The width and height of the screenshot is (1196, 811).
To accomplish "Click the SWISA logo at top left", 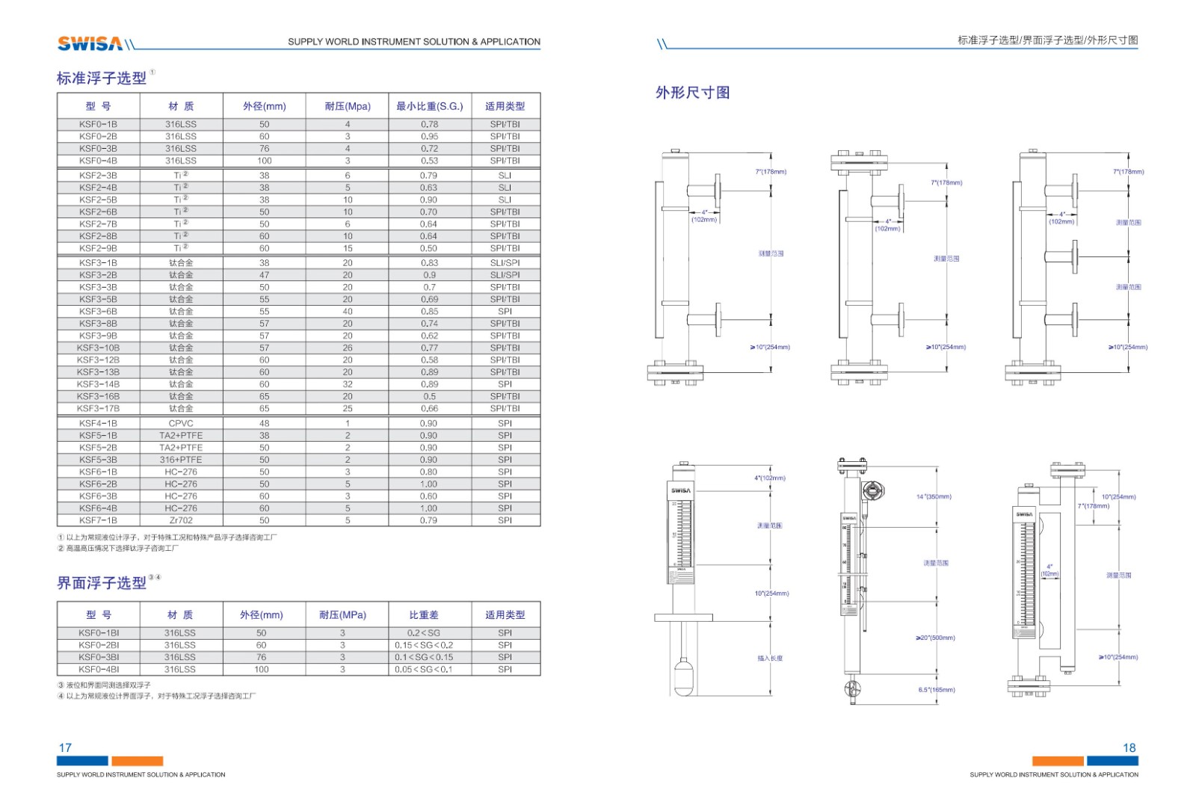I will coord(90,43).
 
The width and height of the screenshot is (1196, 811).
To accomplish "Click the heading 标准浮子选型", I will coord(102,78).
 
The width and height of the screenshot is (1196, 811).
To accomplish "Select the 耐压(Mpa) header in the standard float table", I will coord(348,106).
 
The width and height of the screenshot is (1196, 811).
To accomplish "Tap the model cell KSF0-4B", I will coord(98,161).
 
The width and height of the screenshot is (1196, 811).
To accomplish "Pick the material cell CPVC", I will coord(181,423).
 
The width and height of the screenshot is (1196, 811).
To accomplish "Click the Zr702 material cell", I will coord(181,520).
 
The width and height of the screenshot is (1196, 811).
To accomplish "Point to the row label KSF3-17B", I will coord(98,409).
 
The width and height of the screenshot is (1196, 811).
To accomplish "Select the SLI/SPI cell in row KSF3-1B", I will coord(505,263).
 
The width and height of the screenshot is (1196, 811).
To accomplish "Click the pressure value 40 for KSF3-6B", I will coord(348,312).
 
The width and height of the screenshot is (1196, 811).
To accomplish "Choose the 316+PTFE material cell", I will coord(181,460).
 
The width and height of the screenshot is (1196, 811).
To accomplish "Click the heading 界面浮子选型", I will coord(102,583).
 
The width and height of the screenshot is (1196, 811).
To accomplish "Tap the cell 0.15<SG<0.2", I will coord(424,645).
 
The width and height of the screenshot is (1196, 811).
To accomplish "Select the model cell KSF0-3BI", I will coord(99,657).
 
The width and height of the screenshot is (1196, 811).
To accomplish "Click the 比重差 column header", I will coord(424,615).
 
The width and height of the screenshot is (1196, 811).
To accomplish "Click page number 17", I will coord(65,747).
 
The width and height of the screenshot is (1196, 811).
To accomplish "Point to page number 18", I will coord(1129,747).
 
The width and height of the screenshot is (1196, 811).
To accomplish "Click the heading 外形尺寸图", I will coord(692,93).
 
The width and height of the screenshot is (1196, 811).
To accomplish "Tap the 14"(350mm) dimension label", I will coord(934,497).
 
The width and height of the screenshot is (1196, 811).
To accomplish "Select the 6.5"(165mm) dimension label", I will coord(937,690).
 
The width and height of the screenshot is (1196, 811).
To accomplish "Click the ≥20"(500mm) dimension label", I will coord(935,638).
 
